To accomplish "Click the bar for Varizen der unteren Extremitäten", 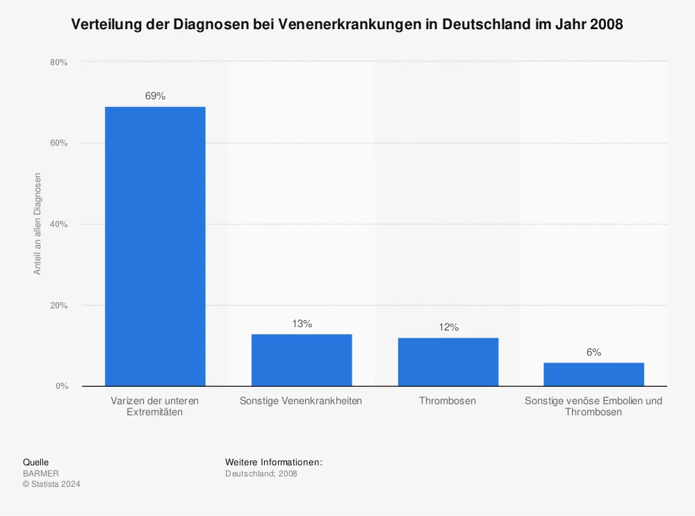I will pyautogui.click(x=155, y=247).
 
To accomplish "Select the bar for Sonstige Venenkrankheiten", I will pyautogui.click(x=302, y=360).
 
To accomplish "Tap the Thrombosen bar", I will pyautogui.click(x=448, y=362).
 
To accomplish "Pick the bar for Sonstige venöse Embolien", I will pyautogui.click(x=594, y=374).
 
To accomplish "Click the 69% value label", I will pyautogui.click(x=155, y=96).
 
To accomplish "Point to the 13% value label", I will pyautogui.click(x=302, y=324).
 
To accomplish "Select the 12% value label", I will pyautogui.click(x=448, y=327).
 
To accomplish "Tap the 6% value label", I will pyautogui.click(x=594, y=352).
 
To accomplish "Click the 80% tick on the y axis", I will pyautogui.click(x=58, y=63).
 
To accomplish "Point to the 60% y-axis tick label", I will pyautogui.click(x=58, y=143).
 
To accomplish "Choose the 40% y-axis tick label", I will pyautogui.click(x=58, y=224).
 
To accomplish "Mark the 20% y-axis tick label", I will pyautogui.click(x=58, y=306).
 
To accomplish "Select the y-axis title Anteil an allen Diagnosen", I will pyautogui.click(x=38, y=224).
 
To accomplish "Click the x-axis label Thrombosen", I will pyautogui.click(x=448, y=401).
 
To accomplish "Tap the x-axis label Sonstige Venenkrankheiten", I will pyautogui.click(x=301, y=401).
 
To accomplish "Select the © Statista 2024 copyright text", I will pyautogui.click(x=51, y=484).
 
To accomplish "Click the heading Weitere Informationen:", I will pyautogui.click(x=274, y=462).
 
